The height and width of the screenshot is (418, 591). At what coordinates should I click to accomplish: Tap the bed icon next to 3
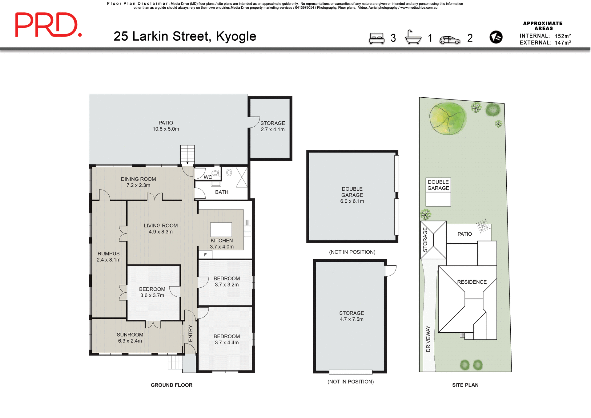pos(377,38)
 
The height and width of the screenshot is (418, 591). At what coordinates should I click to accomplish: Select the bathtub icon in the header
pos(413,38)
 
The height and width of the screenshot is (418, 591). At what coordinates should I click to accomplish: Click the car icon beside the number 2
pos(450,40)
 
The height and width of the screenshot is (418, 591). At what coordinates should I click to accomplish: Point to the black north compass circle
pos(496,37)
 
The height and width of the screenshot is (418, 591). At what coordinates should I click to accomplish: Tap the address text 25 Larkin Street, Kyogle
pos(185,36)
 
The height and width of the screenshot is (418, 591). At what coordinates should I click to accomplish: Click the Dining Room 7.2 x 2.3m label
pos(138,182)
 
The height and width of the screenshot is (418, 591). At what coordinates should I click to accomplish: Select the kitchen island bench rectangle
pos(221,229)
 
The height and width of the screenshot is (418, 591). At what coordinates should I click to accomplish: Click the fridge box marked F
pos(205,255)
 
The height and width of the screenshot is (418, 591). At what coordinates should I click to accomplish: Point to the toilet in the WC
pos(215,173)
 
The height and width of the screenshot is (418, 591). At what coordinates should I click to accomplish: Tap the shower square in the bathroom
pos(242,177)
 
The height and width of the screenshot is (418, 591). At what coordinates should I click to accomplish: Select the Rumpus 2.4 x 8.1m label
pos(108,257)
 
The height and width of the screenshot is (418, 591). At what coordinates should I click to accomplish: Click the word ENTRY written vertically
pos(191,333)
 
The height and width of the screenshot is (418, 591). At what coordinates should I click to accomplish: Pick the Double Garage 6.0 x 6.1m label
pos(352,195)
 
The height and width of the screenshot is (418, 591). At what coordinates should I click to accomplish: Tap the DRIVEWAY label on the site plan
pos(428,339)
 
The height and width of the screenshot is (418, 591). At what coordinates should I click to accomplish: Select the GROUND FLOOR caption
pos(171,385)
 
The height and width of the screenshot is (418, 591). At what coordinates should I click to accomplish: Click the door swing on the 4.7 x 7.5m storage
pos(391,271)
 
